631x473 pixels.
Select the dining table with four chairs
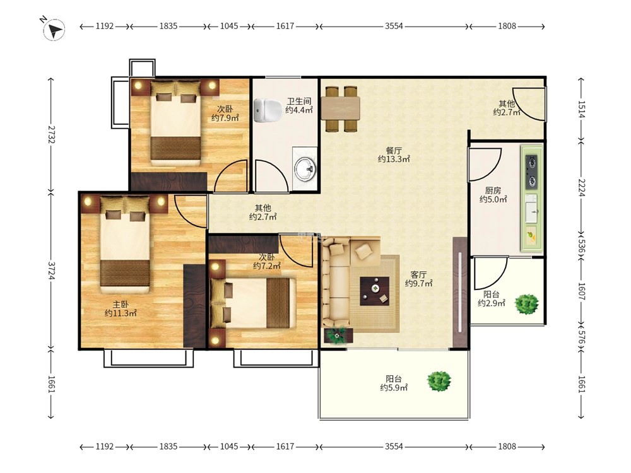coord(341,108)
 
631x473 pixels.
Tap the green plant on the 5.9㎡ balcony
coord(439,380)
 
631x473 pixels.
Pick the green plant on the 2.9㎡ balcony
coord(526,304)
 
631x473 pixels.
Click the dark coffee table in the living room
coord(374,291)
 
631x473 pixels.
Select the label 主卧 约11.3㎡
coord(121,308)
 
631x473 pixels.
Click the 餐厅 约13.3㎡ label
coord(394,155)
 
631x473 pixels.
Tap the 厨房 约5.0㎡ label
coord(493,195)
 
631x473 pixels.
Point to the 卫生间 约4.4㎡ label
coord(298,105)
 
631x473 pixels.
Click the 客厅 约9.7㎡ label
coord(418,279)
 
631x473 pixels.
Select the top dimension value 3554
coord(394,26)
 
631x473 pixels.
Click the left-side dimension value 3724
coord(52,271)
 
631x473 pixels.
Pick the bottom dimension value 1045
coord(229,447)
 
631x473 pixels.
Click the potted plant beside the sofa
coord(337,335)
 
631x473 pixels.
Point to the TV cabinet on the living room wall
coord(460,293)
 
